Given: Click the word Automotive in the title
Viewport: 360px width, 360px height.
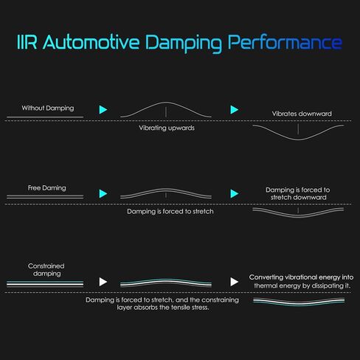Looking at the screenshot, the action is (91, 42).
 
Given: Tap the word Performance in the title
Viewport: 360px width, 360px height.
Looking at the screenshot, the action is (285, 42).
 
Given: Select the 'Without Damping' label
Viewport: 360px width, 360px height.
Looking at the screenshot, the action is (48, 108).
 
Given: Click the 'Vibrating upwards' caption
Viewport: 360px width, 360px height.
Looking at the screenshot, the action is (167, 128).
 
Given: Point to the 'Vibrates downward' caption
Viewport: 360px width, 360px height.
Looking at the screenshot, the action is (302, 114).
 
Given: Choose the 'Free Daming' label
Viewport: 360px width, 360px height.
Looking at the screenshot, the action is (46, 188).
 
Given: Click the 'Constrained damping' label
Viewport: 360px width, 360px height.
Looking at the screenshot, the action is (46, 270).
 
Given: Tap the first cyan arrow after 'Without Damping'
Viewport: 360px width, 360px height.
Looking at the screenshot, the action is (103, 110).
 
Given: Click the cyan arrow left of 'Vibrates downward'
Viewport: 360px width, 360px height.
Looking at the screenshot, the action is (235, 110).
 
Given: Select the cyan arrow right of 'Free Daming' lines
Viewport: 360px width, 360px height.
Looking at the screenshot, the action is (103, 194).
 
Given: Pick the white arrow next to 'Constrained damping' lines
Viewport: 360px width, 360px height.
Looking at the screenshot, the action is (103, 282).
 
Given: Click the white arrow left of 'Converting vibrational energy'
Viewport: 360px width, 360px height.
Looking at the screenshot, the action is (235, 282).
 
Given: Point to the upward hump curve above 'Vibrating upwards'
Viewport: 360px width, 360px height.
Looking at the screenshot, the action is (166, 103).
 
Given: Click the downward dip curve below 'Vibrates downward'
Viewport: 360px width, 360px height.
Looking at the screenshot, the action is (298, 139).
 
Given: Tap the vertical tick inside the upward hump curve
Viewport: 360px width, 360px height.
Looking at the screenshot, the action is (166, 112).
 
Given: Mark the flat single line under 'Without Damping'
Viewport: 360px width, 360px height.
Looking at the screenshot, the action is (45, 117).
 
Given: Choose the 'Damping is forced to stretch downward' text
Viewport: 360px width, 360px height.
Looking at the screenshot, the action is (298, 193).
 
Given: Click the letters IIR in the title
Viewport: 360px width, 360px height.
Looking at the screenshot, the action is (27, 42).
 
